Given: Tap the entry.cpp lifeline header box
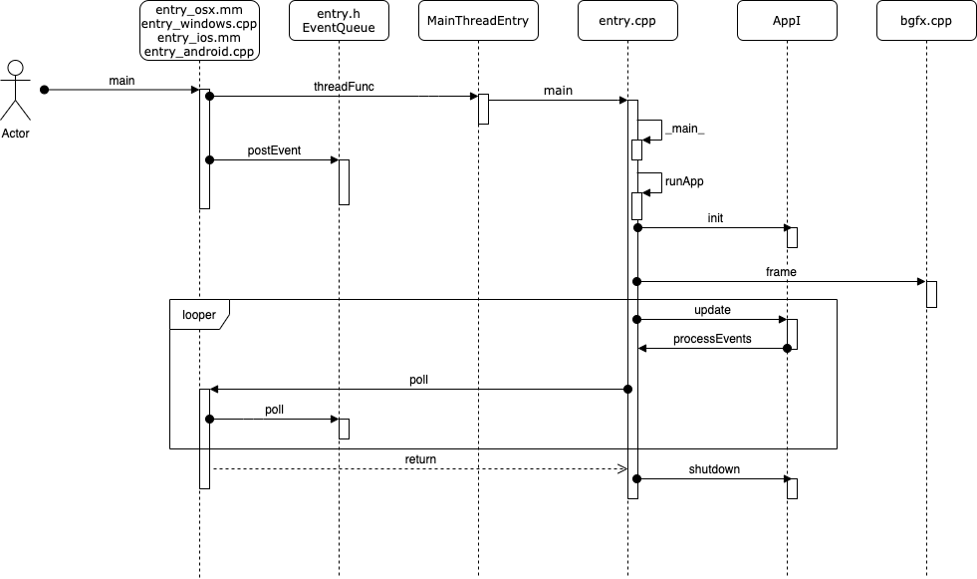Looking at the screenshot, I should click(x=627, y=21).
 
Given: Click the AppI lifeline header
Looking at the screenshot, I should click(x=787, y=21).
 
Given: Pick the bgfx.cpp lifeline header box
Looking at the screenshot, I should click(x=926, y=21).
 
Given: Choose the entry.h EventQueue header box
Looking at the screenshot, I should click(x=339, y=21).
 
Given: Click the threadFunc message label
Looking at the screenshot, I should click(x=344, y=87).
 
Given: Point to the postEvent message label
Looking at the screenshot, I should click(x=274, y=150).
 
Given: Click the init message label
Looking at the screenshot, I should click(x=715, y=217).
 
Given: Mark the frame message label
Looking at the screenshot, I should click(x=781, y=271).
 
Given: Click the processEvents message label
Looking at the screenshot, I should click(x=711, y=339).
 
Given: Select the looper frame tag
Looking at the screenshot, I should click(x=199, y=313).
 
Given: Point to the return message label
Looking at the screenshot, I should click(x=420, y=459).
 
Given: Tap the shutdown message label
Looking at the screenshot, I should click(x=714, y=468).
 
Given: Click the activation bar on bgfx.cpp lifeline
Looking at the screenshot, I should click(x=931, y=294).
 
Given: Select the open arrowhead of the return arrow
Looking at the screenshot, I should click(x=620, y=468).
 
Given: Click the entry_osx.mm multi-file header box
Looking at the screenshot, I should click(x=200, y=31).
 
